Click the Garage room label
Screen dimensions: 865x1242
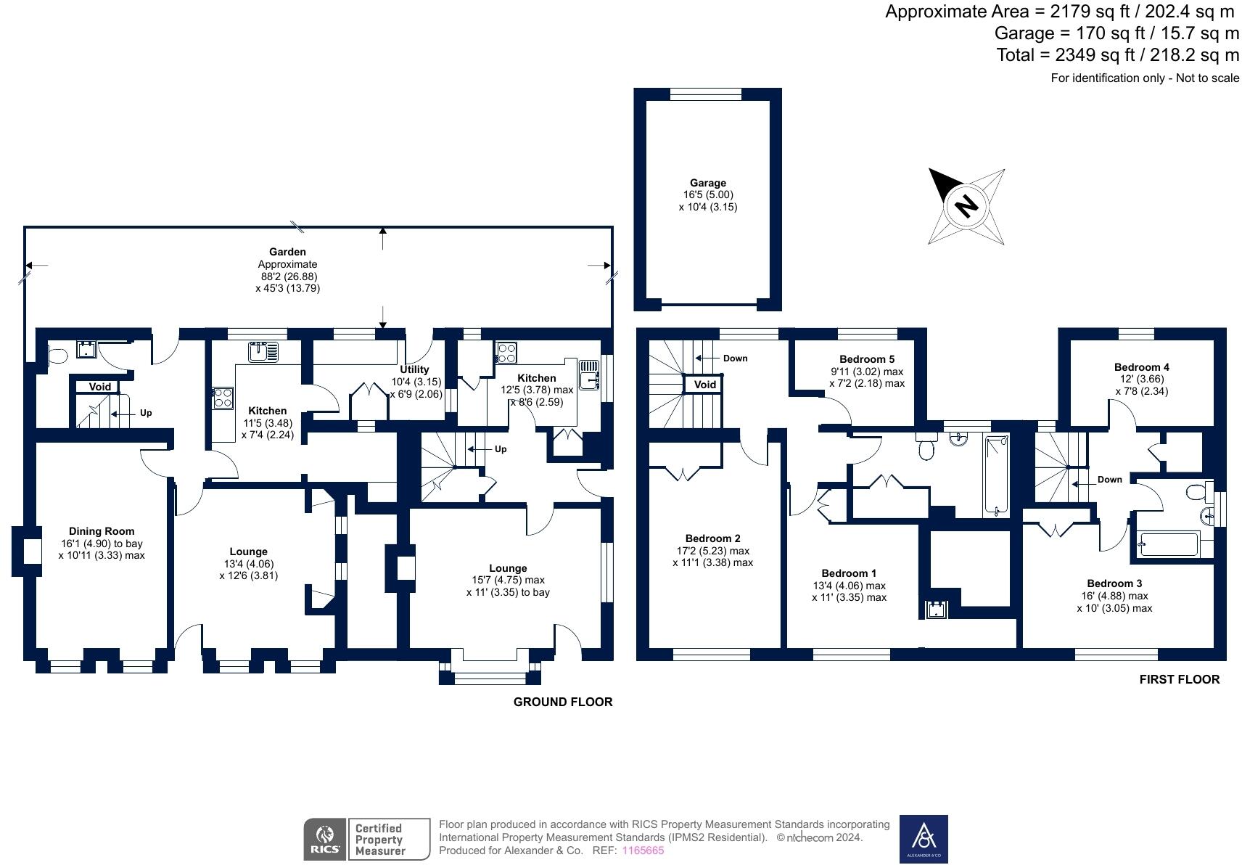point(707,184)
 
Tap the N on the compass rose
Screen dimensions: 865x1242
point(966,206)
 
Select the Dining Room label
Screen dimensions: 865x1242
point(102,531)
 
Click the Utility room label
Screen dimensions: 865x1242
point(414,369)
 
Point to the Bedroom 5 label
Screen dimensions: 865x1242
point(866,359)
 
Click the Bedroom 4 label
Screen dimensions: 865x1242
point(1141,367)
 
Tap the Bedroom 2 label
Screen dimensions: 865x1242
point(712,538)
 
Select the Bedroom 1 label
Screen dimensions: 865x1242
point(849,573)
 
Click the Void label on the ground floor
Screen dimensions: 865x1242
point(100,387)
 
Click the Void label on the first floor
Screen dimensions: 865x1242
point(704,385)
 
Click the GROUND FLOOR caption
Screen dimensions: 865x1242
point(562,702)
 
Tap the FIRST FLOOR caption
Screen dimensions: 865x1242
point(1179,679)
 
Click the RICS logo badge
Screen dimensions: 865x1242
point(324,840)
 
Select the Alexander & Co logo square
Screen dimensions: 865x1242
point(924,839)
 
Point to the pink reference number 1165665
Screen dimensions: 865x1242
point(643,850)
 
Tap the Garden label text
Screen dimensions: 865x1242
point(287,252)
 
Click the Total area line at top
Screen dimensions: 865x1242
point(1117,55)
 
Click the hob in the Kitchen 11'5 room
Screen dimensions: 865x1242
point(223,398)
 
